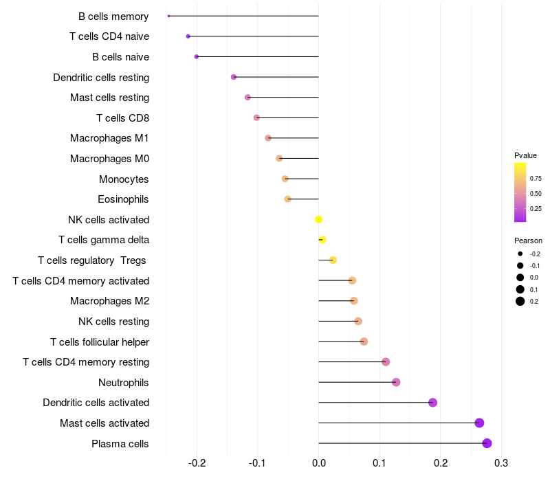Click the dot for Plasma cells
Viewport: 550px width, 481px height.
[x=487, y=443]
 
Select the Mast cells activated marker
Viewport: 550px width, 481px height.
[x=479, y=423]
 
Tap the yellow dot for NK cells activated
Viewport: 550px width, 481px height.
[x=318, y=219]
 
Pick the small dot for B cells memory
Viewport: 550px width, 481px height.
[x=168, y=16]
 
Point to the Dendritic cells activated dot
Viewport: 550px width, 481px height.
[x=432, y=403]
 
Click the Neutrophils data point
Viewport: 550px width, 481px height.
[x=396, y=382]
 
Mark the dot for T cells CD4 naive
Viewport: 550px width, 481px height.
[x=188, y=36]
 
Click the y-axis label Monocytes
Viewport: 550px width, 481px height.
[x=124, y=179]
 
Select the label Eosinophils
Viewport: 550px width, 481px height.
[x=123, y=199]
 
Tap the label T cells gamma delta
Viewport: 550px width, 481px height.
[x=104, y=240]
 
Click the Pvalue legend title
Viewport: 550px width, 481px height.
[x=525, y=155]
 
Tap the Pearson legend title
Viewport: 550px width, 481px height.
[x=528, y=240]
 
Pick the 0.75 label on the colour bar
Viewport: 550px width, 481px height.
[x=536, y=178]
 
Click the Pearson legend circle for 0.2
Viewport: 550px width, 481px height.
[x=520, y=301]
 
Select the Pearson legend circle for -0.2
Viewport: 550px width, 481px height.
[x=520, y=254]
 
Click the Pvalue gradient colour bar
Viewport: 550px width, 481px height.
[x=520, y=192]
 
